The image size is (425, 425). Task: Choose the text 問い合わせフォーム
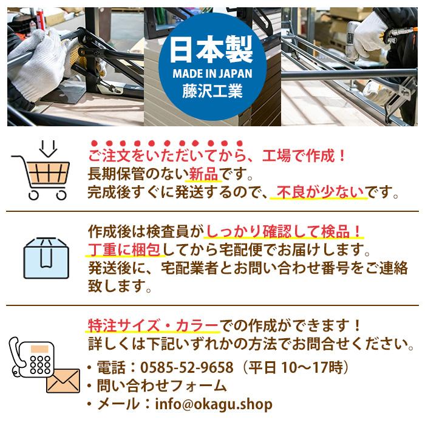[158, 386]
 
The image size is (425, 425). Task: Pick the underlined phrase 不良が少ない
[318, 193]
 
